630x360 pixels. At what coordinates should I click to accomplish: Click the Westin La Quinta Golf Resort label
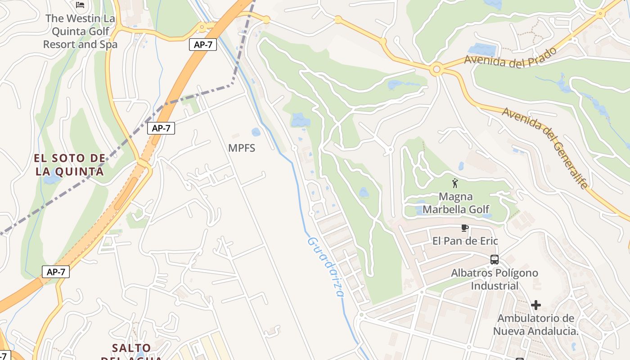coord(80,31)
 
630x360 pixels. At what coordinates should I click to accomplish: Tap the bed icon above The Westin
coord(80,5)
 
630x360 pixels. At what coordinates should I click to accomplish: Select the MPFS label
coord(242,148)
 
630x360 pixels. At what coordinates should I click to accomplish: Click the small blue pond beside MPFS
coord(256,132)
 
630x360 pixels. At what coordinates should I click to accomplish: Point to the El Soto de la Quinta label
coord(70,165)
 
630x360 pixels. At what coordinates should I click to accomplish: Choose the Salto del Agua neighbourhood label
coord(131,349)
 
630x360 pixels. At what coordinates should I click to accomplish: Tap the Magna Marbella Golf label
coord(456,203)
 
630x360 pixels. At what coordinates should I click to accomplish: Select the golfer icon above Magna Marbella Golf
coord(455,183)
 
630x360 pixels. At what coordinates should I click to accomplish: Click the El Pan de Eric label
coord(465,241)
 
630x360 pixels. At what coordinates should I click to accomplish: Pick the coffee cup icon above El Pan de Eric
coord(465,228)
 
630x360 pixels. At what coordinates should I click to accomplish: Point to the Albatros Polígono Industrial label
coord(495,279)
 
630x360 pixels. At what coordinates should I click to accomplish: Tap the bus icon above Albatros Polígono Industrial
coord(494,260)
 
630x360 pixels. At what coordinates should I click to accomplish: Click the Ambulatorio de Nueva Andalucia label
coord(535,325)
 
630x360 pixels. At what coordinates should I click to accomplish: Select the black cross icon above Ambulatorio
coord(535,305)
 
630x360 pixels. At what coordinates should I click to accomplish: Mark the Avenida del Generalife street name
coord(545,148)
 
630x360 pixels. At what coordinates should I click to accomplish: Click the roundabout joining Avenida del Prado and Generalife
coord(436,70)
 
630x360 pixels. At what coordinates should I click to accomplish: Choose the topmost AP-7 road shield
coord(203,45)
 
